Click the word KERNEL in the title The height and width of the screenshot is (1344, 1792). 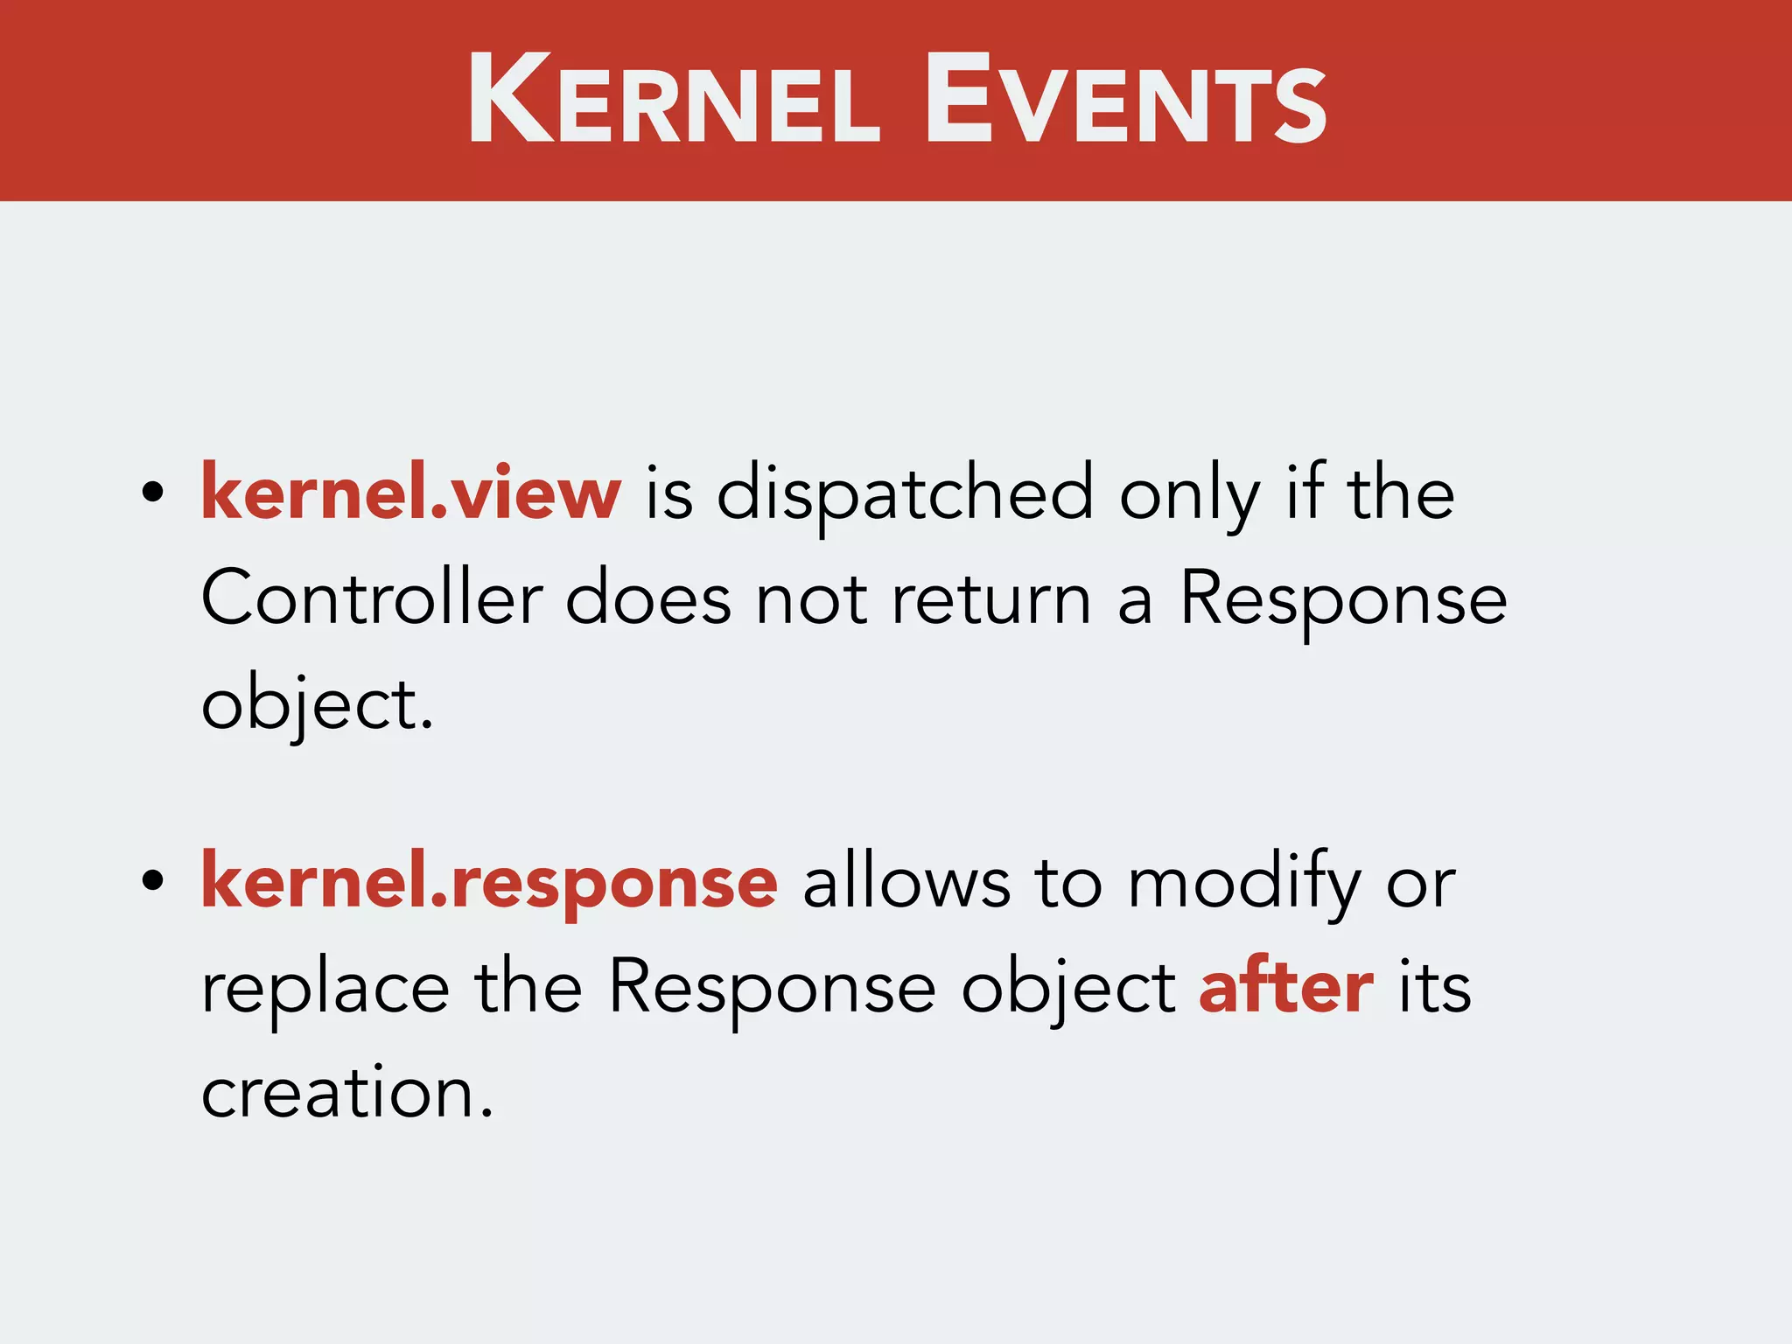[x=674, y=101]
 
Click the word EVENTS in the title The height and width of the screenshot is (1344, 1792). [x=1125, y=101]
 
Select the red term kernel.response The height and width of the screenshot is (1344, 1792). [x=489, y=882]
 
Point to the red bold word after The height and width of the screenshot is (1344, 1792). [x=1285, y=988]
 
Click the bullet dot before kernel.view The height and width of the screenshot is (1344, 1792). [x=153, y=493]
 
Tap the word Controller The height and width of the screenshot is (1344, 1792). [x=372, y=599]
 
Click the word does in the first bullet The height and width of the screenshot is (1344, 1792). [x=647, y=600]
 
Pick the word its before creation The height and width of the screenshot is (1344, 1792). [x=1434, y=988]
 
